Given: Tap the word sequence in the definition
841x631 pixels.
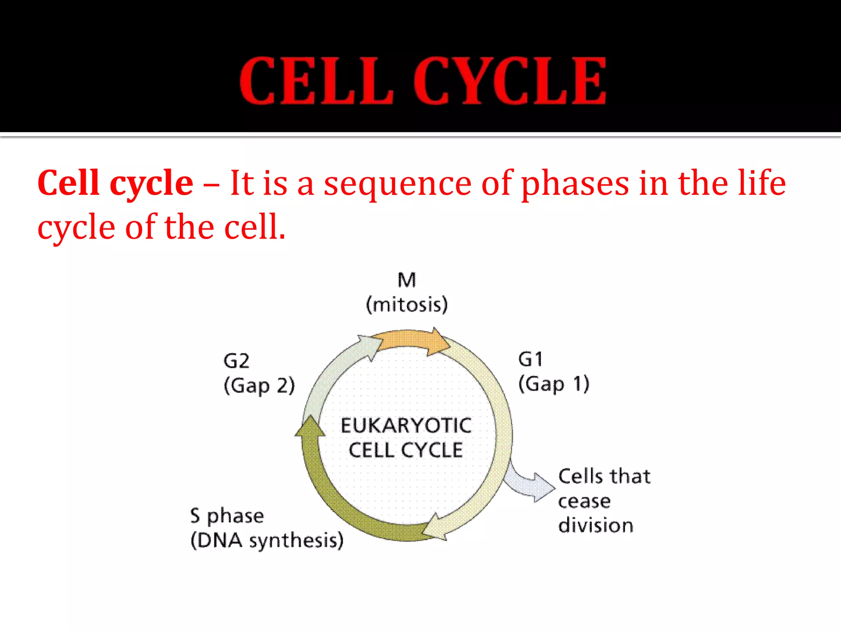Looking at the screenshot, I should pyautogui.click(x=398, y=183).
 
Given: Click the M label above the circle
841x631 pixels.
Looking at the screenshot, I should pyautogui.click(x=407, y=280).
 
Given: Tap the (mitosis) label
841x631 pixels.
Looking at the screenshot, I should pyautogui.click(x=407, y=305).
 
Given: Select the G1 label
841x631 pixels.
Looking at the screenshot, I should pyautogui.click(x=530, y=359).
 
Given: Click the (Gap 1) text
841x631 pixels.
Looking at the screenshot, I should pyautogui.click(x=554, y=385).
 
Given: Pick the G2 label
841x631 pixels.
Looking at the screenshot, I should pyautogui.click(x=236, y=361).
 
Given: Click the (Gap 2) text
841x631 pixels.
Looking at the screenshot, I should pyautogui.click(x=259, y=386).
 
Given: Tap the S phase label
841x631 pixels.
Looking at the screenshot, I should pyautogui.click(x=227, y=516).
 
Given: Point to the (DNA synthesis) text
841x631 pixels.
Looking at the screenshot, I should pyautogui.click(x=267, y=541).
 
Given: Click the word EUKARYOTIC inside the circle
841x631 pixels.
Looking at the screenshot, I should pyautogui.click(x=406, y=426).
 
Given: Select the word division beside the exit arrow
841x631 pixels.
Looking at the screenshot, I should pyautogui.click(x=595, y=526).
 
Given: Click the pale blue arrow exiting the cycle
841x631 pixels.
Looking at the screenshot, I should pyautogui.click(x=530, y=485).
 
